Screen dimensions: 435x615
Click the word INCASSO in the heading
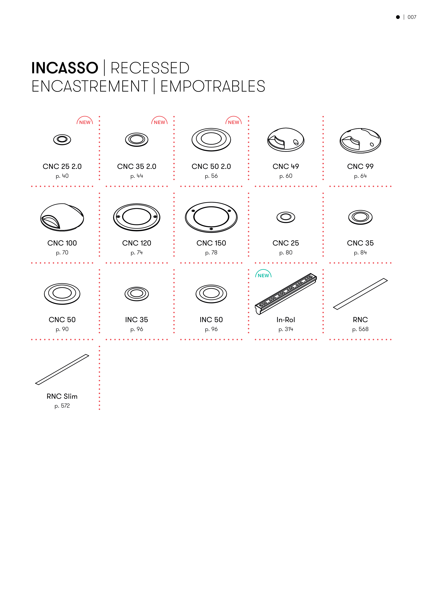point(65,68)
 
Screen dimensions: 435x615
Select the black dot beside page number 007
point(398,17)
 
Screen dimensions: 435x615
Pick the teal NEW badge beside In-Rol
point(263,274)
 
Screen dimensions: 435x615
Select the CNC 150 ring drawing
point(211,217)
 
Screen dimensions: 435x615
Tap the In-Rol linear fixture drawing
point(286,294)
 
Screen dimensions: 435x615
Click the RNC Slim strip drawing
point(62,370)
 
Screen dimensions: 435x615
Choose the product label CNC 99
point(360,166)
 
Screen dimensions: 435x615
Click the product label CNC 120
point(137,243)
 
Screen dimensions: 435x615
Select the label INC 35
point(137,320)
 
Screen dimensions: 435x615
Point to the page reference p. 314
point(286,329)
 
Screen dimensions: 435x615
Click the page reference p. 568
point(360,329)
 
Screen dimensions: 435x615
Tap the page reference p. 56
point(211,176)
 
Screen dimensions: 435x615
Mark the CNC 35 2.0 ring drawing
point(137,139)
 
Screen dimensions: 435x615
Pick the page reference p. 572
point(62,406)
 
